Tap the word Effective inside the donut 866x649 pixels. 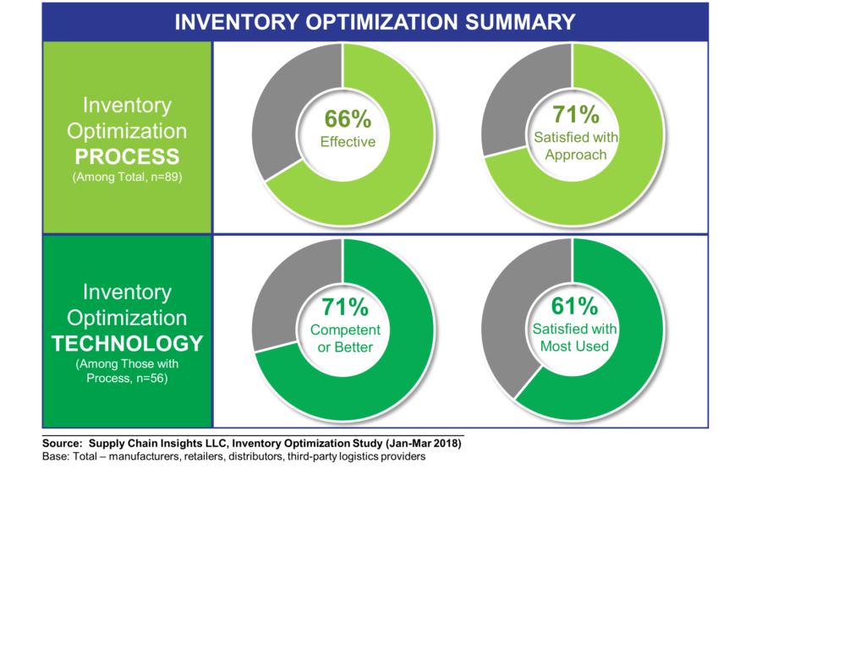tap(348, 142)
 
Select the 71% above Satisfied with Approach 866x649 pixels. tap(576, 114)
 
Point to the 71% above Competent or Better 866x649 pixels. tap(345, 306)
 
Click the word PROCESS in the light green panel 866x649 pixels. tap(127, 157)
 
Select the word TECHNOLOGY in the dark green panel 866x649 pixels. tap(127, 344)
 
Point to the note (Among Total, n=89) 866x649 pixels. tap(127, 178)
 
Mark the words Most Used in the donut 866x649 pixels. tap(575, 346)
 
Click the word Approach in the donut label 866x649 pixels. tap(576, 155)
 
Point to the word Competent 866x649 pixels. tap(345, 330)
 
